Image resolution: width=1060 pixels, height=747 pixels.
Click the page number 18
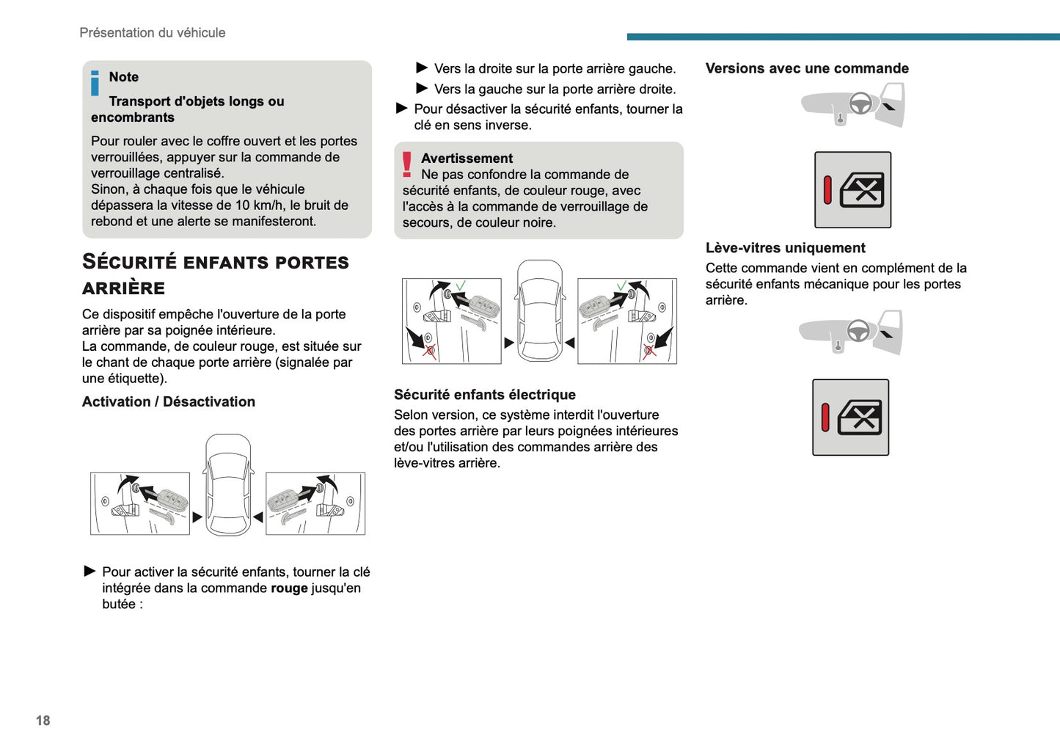click(43, 721)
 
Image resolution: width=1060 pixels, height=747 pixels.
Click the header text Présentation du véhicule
click(153, 33)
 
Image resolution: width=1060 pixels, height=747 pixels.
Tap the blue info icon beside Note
click(95, 83)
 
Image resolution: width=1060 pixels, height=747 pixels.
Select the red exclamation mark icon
click(407, 164)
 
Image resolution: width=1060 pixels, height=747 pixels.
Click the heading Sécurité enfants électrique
click(485, 395)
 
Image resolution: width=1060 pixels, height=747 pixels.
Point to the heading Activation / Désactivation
click(169, 402)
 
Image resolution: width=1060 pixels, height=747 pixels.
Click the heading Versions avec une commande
click(807, 68)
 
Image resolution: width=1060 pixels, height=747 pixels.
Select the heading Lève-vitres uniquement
click(786, 248)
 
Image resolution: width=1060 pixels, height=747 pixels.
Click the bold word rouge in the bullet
click(289, 589)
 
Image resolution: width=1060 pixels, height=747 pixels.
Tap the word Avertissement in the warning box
click(467, 158)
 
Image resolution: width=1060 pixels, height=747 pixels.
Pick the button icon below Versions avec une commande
click(852, 190)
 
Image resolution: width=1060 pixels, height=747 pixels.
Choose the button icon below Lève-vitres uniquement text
click(850, 418)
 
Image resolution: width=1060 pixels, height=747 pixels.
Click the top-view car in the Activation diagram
click(228, 484)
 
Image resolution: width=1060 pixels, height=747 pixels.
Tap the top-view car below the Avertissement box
click(540, 310)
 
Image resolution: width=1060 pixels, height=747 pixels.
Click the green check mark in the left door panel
click(461, 285)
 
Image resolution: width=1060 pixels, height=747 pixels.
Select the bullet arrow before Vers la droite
click(422, 68)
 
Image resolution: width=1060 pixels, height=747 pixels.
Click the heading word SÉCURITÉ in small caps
click(130, 262)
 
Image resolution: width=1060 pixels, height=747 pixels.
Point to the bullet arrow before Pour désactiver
click(401, 109)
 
